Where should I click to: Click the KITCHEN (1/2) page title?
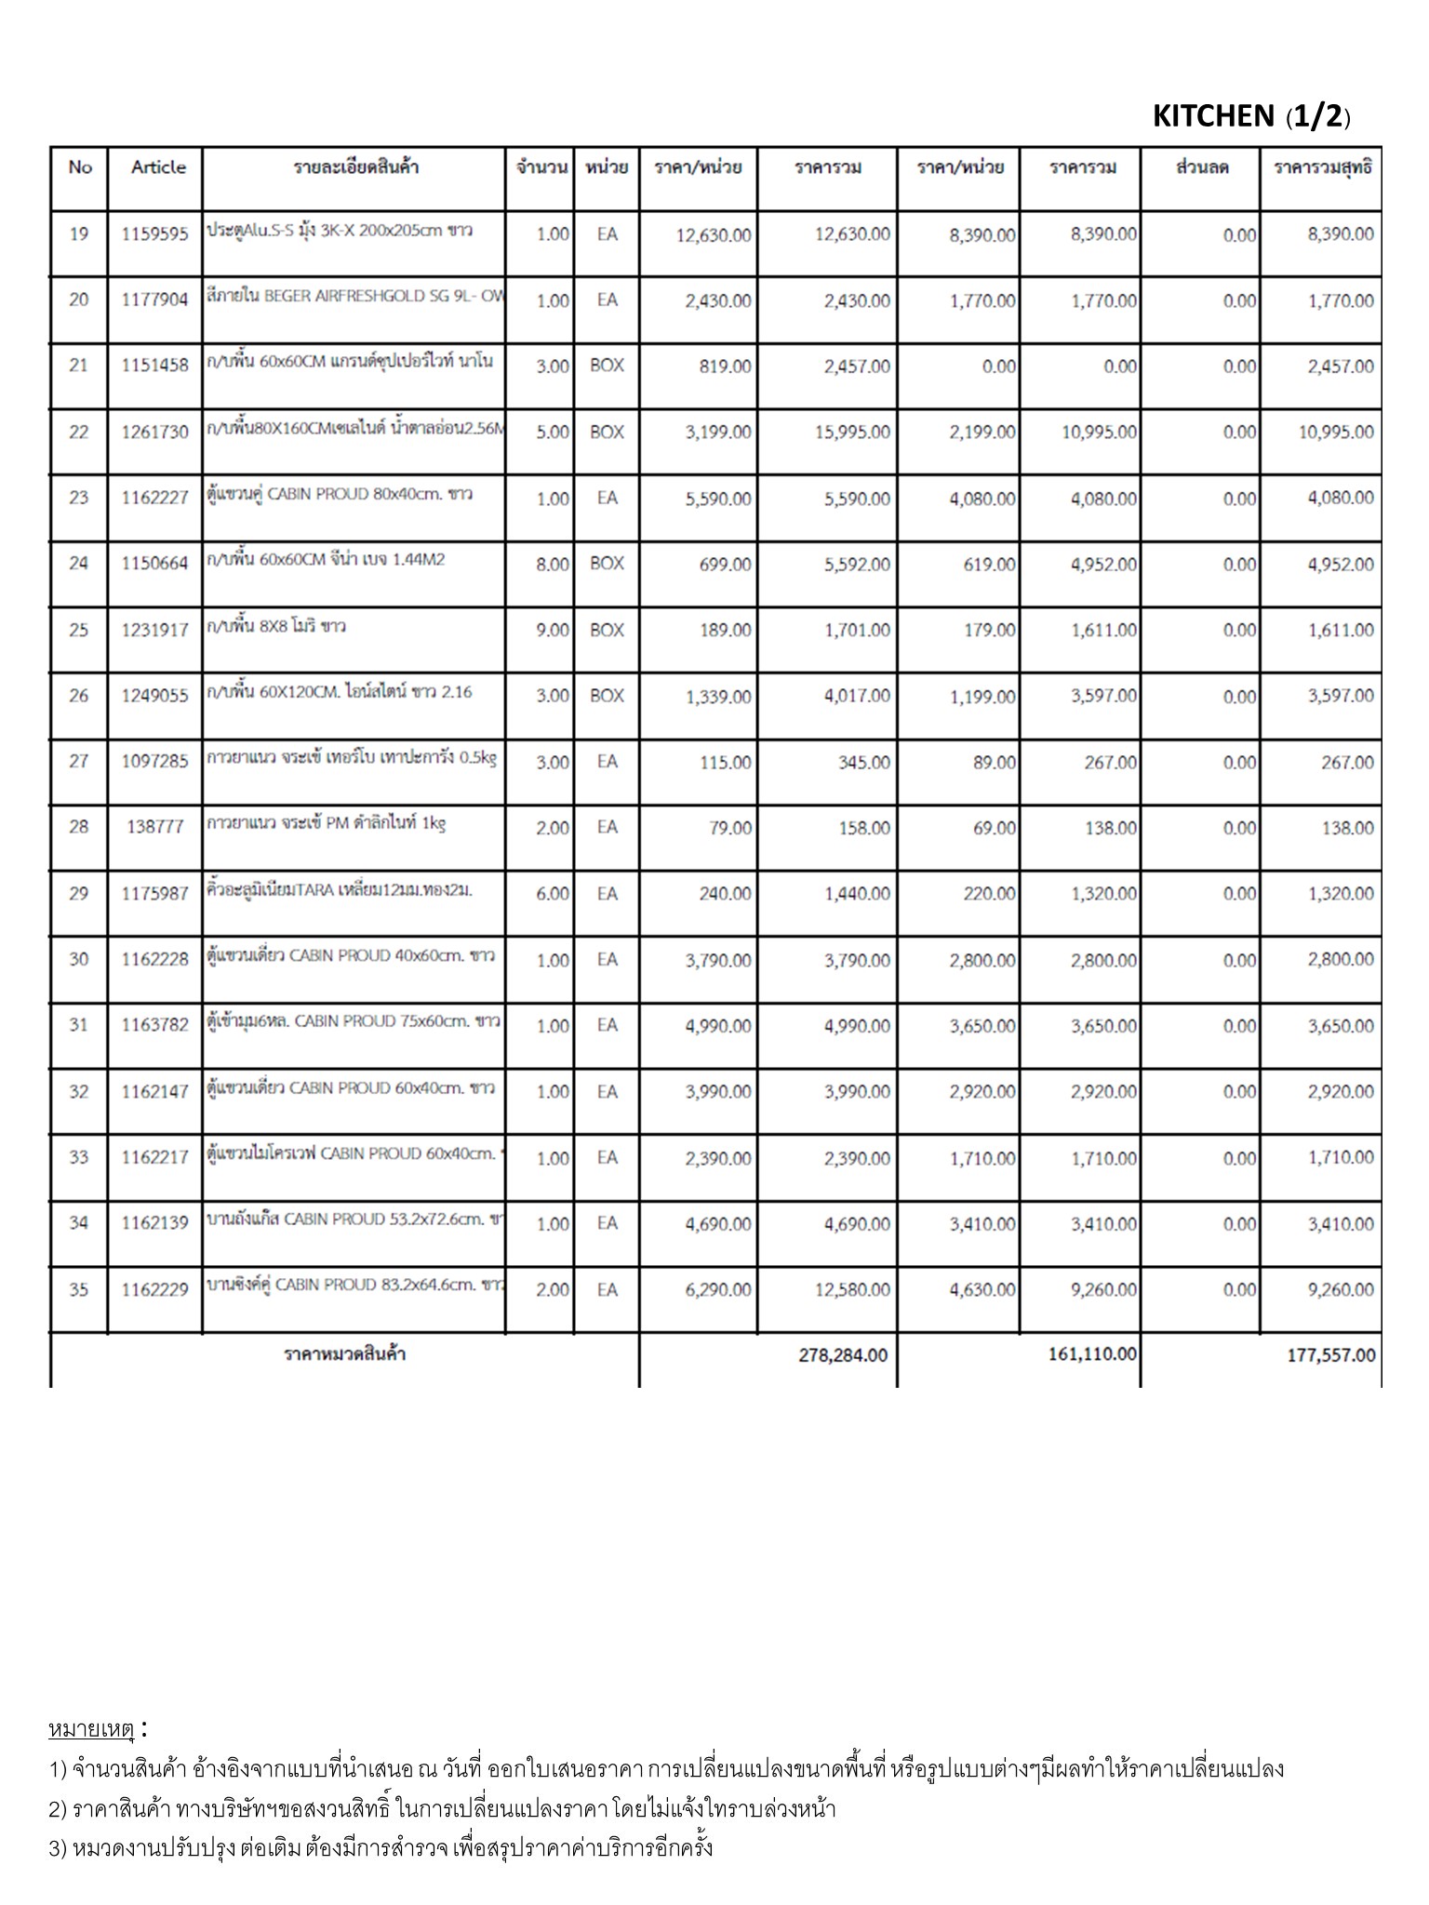(x=1250, y=116)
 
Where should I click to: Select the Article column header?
(x=158, y=167)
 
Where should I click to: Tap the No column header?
(x=80, y=167)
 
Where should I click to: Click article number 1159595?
(x=154, y=234)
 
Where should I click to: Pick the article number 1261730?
(x=154, y=433)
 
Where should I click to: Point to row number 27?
(x=79, y=762)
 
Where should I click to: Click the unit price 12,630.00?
(x=714, y=235)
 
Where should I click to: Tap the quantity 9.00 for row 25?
(x=553, y=631)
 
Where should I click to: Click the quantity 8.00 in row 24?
(x=553, y=565)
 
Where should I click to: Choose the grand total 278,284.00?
(x=843, y=1355)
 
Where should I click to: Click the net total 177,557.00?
(x=1331, y=1355)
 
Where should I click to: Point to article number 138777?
(x=154, y=827)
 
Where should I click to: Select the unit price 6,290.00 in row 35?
(x=717, y=1290)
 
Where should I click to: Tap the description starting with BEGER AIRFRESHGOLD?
(x=354, y=299)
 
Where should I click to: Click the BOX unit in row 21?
(x=607, y=366)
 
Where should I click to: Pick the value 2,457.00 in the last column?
(x=1341, y=366)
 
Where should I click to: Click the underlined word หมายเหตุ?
(x=91, y=1730)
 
